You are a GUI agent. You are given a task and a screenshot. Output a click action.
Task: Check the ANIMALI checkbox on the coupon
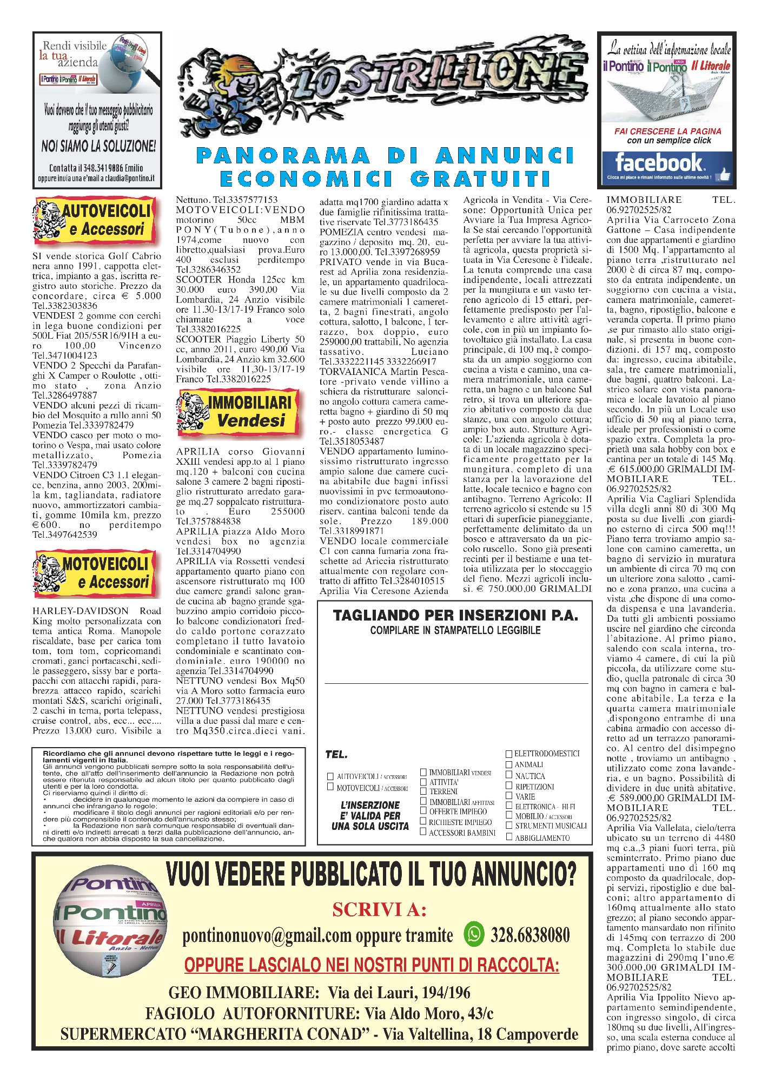[x=509, y=764]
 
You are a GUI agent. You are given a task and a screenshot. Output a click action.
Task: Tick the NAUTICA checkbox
[x=509, y=775]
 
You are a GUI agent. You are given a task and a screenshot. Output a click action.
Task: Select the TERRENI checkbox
[x=423, y=791]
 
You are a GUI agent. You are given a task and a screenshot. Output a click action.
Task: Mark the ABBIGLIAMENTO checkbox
[x=509, y=837]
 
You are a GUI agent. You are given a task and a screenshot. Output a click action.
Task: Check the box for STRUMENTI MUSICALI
[x=509, y=826]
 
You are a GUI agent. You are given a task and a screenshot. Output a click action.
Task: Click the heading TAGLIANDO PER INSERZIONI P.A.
[x=455, y=615]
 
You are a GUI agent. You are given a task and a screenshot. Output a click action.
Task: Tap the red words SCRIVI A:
[x=379, y=909]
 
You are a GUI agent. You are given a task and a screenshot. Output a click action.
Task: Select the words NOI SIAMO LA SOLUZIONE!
[x=98, y=146]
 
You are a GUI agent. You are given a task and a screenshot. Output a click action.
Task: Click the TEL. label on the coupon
[x=336, y=755]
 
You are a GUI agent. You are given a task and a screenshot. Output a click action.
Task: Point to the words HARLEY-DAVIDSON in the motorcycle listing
[x=81, y=611]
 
